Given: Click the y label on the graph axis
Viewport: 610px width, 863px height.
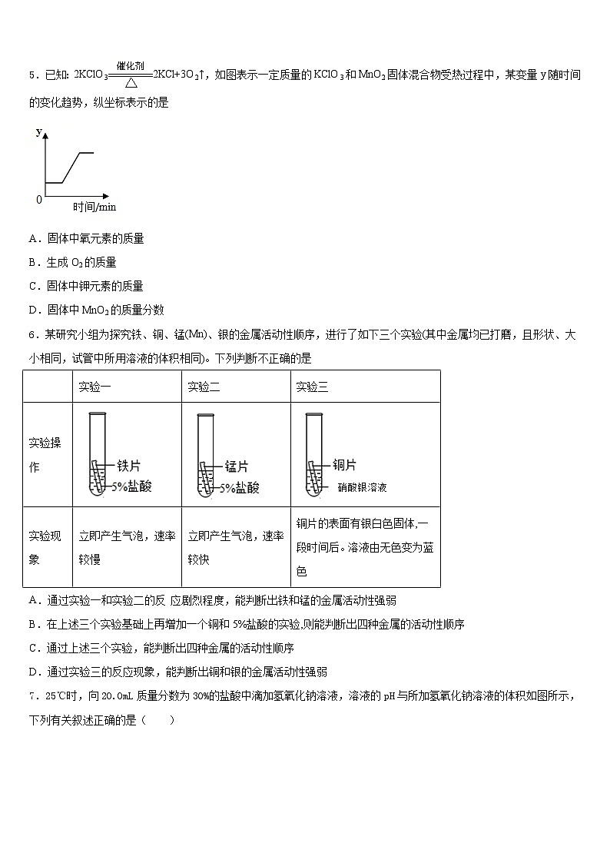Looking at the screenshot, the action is click(39, 132).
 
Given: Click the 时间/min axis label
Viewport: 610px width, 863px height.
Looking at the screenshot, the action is click(94, 207).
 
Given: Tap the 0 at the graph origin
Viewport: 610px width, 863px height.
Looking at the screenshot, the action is click(39, 200).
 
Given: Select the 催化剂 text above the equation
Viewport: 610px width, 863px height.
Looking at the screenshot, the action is click(131, 66).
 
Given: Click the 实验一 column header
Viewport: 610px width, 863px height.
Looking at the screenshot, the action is click(94, 387).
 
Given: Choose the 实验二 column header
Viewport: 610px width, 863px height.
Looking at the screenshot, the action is click(204, 387).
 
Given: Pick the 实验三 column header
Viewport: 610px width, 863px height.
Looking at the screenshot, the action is click(312, 387).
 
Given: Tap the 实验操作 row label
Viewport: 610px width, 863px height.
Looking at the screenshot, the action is click(45, 455).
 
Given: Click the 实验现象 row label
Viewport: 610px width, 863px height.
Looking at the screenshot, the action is click(45, 547).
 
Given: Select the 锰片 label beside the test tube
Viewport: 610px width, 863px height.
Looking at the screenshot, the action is click(237, 466).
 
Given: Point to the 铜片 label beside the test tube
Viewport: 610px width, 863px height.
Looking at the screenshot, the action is click(345, 464).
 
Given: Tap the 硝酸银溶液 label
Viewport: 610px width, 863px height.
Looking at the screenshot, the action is click(362, 487).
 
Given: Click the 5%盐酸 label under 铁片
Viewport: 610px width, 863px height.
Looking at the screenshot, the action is click(131, 486).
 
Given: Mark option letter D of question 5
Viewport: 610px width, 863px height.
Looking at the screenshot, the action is click(33, 310).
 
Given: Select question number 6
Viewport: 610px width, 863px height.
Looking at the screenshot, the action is click(32, 334).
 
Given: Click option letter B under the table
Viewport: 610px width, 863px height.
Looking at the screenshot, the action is click(33, 624).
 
